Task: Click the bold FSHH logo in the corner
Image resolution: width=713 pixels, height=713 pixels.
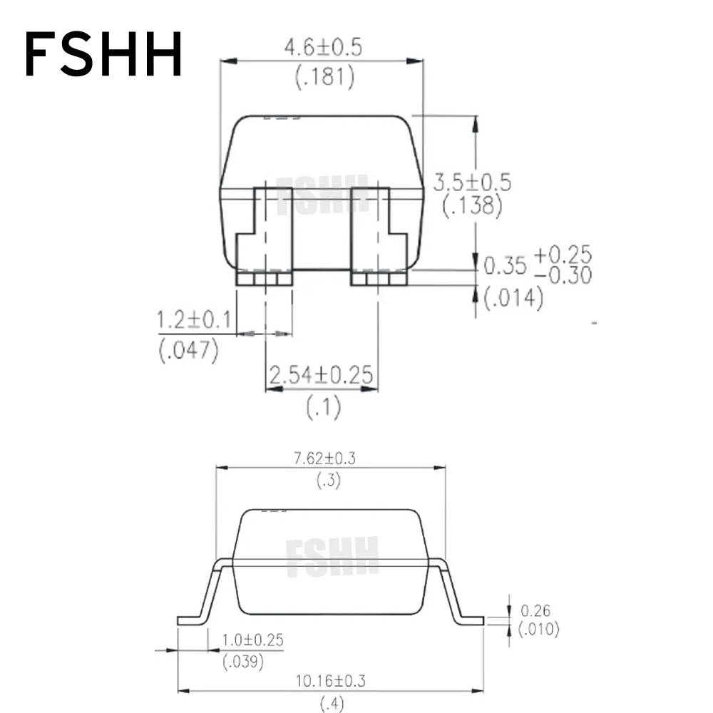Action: click(x=104, y=56)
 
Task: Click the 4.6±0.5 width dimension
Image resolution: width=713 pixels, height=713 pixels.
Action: click(x=323, y=48)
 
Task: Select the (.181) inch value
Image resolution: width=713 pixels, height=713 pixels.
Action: click(x=324, y=77)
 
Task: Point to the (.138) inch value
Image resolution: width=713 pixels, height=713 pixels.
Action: click(x=472, y=205)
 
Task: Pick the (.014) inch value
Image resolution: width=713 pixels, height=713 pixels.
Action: click(x=513, y=298)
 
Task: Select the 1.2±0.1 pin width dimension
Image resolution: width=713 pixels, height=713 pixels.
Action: click(x=194, y=321)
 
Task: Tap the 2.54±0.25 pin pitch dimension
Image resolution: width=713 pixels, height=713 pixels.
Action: click(x=322, y=376)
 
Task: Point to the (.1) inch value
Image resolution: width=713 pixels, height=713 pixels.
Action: click(x=323, y=408)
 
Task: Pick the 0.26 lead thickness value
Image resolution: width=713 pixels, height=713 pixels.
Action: click(x=535, y=611)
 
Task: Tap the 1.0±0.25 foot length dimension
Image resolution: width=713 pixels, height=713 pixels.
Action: click(x=252, y=640)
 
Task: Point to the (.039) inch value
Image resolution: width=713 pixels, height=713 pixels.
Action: click(x=243, y=662)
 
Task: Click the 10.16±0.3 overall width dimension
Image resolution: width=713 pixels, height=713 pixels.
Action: click(x=331, y=682)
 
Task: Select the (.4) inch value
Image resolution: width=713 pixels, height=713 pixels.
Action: click(x=331, y=704)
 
